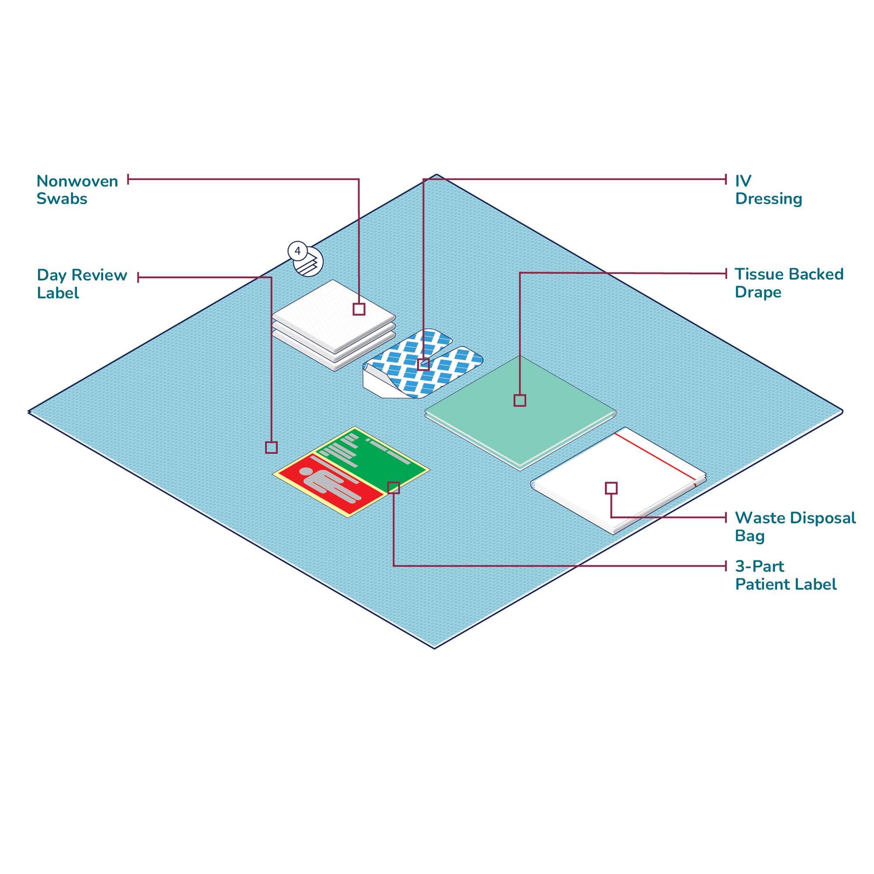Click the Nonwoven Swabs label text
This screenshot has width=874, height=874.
coord(77,190)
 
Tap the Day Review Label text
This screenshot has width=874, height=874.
coord(82,284)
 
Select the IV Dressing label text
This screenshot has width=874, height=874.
coord(768,190)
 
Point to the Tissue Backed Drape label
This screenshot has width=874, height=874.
coord(789,283)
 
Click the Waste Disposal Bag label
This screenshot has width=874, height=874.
coord(795,527)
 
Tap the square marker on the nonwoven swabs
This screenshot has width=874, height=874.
coord(359,309)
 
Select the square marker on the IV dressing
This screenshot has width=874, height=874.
coord(423,364)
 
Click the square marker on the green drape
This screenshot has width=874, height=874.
coord(520,400)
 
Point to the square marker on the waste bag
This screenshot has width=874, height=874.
coord(611,488)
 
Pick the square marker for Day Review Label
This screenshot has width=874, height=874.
coord(271,447)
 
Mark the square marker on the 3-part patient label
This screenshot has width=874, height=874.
coord(394,488)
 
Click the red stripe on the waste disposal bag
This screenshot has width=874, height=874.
coord(656,458)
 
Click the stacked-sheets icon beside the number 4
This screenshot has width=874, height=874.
coord(309,262)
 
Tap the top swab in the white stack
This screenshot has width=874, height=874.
coord(333,316)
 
